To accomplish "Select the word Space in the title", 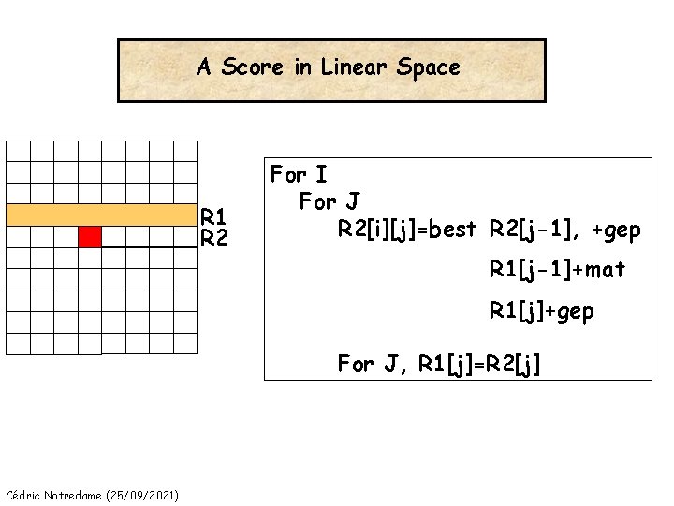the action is pyautogui.click(x=429, y=67).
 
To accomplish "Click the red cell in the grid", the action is pyautogui.click(x=89, y=236).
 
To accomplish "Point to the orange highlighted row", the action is pyautogui.click(x=102, y=215).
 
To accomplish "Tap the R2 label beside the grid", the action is pyautogui.click(x=214, y=239).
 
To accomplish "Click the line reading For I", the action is pyautogui.click(x=299, y=174).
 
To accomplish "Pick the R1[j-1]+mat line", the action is pyautogui.click(x=557, y=270).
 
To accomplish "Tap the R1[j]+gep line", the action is pyautogui.click(x=542, y=311).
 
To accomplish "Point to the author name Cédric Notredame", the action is pyautogui.click(x=55, y=494).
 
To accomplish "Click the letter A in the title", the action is pyautogui.click(x=203, y=67).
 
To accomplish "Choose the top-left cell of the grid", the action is pyautogui.click(x=19, y=151).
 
